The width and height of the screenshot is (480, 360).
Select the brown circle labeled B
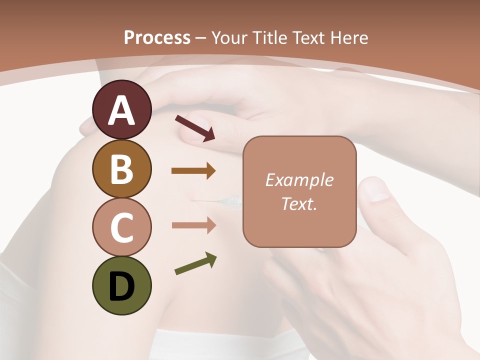click(x=121, y=168)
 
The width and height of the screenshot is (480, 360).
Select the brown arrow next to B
click(x=193, y=171)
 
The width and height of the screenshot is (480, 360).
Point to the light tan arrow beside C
click(x=193, y=225)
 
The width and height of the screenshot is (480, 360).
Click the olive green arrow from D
click(x=195, y=264)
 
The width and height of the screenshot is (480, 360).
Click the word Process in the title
click(x=157, y=38)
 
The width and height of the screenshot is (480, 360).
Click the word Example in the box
click(x=299, y=180)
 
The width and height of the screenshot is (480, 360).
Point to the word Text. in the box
click(x=299, y=203)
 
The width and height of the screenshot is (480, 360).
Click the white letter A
click(x=121, y=110)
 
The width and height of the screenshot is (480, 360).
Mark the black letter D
click(x=121, y=286)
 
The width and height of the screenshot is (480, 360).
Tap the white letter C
click(x=121, y=227)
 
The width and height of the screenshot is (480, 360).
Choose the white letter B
click(x=121, y=169)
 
